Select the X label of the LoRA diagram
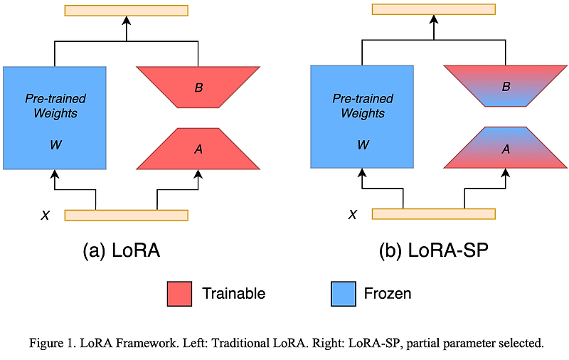point(46,215)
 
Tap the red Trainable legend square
point(179,293)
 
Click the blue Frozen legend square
point(344,293)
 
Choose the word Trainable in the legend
point(233,293)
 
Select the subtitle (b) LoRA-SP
point(434,250)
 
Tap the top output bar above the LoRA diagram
point(126,10)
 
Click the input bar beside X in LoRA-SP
point(433,213)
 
